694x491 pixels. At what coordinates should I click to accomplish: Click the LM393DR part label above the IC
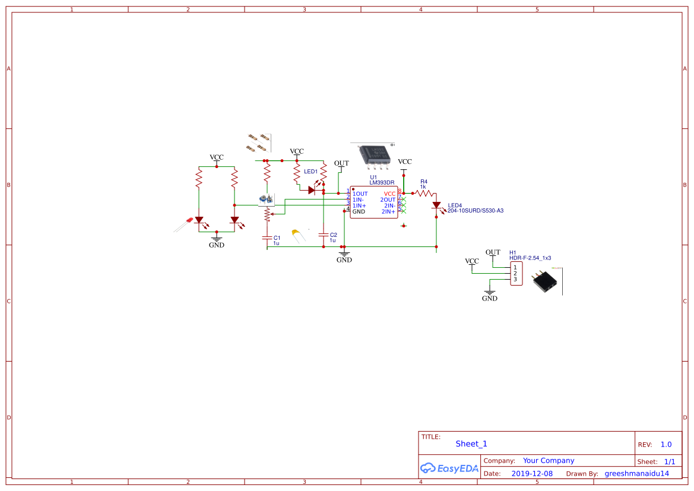point(382,182)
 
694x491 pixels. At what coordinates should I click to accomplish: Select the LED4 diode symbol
point(436,206)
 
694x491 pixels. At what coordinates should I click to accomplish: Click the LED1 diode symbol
point(311,191)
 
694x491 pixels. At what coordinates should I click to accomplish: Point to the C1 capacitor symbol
point(267,237)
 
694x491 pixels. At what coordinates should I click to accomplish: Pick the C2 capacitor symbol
point(323,235)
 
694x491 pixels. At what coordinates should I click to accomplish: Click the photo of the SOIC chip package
point(375,155)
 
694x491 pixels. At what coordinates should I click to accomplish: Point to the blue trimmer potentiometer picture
point(265,199)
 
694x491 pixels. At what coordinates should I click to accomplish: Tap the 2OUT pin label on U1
point(388,199)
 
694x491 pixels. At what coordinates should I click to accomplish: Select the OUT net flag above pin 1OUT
point(341,164)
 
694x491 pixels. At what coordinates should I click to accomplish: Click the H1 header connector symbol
point(516,273)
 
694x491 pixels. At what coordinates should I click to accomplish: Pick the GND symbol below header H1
point(489,295)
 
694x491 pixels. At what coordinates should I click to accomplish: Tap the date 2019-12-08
point(531,474)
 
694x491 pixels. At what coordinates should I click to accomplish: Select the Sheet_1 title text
point(471,444)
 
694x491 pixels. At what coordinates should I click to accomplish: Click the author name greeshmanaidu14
point(636,474)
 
